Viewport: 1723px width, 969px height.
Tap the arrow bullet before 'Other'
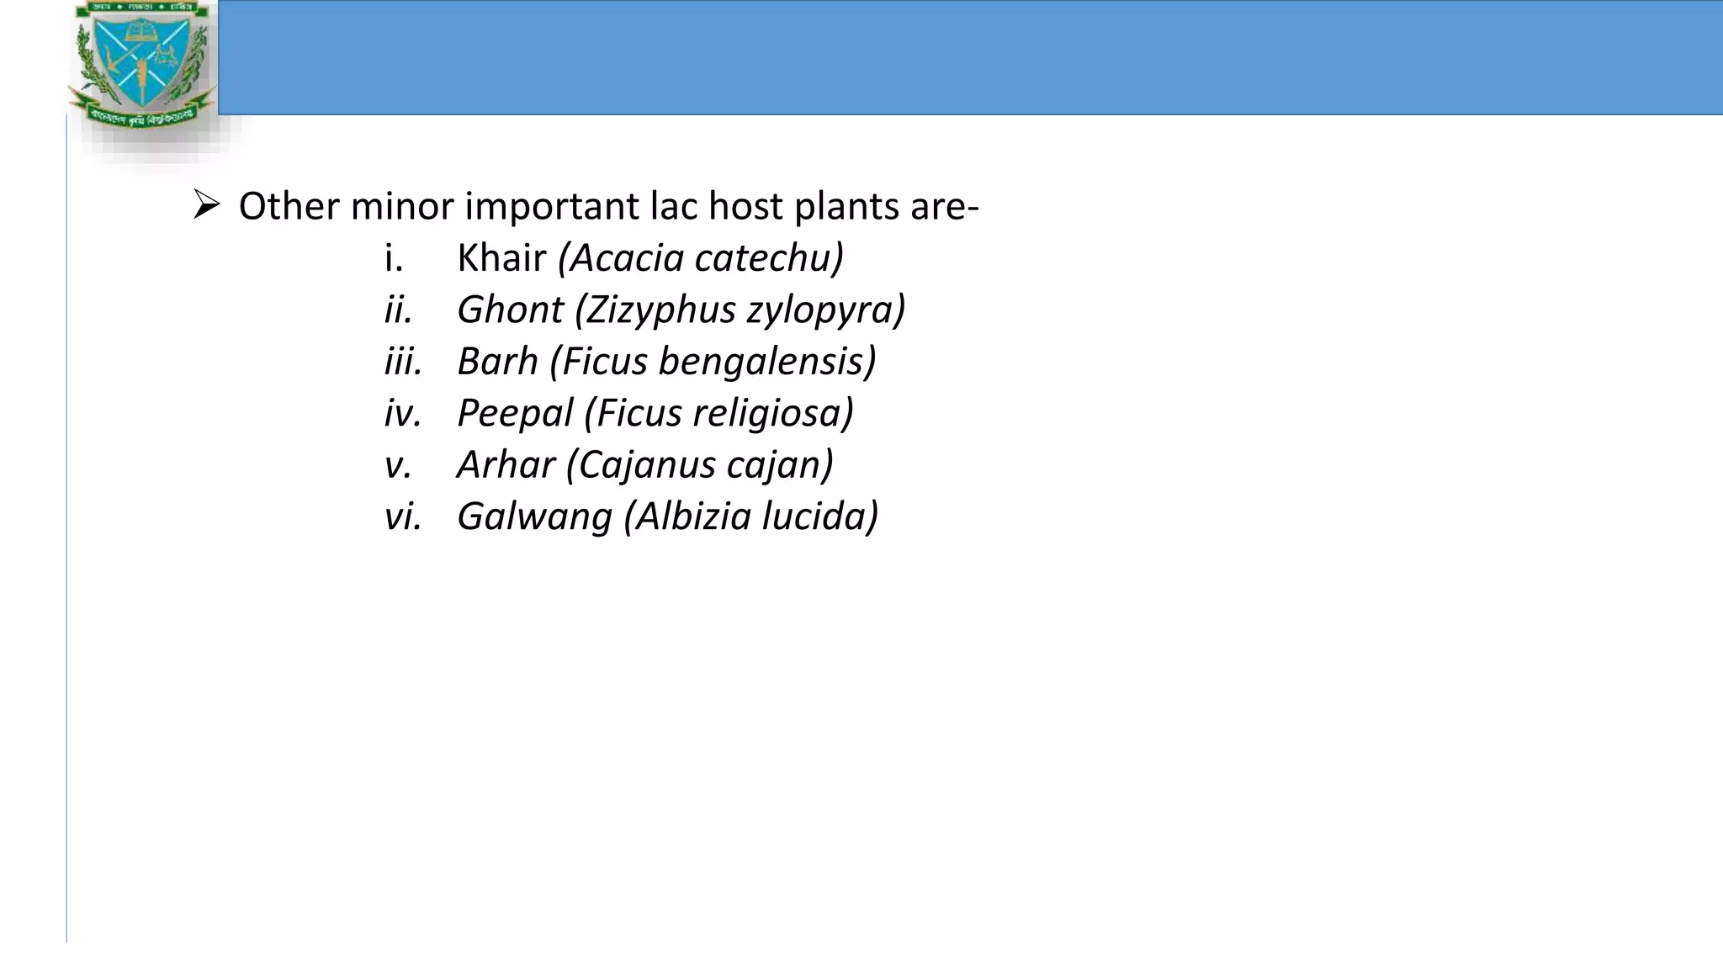coord(206,204)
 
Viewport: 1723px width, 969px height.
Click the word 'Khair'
coord(501,258)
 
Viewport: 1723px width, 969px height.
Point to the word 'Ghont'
coord(510,310)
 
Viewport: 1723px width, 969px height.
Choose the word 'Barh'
coord(497,362)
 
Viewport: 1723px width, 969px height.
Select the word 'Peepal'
coord(514,413)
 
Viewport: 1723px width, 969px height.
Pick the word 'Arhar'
coord(506,464)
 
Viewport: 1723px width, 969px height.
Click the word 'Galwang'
coord(534,516)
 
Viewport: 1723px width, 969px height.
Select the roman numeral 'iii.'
coord(403,362)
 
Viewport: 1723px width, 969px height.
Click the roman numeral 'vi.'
coord(403,516)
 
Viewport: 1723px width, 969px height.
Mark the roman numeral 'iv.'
coord(403,413)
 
